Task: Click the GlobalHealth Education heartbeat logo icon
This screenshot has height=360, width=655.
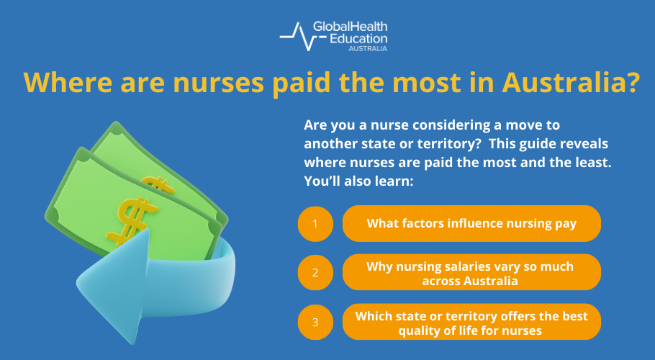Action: (294, 35)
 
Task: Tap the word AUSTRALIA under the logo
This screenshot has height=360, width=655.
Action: (368, 49)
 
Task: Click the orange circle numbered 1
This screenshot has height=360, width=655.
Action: (315, 224)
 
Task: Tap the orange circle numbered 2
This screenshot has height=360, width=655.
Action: (315, 273)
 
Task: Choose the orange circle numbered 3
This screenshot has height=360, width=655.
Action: (315, 322)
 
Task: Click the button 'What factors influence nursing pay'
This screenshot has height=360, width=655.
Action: (471, 223)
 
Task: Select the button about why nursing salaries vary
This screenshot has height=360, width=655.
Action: (471, 273)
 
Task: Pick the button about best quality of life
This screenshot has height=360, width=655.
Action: (471, 322)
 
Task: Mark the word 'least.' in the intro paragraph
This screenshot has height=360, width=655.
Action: (593, 162)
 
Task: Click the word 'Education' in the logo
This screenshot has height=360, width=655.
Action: (358, 37)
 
